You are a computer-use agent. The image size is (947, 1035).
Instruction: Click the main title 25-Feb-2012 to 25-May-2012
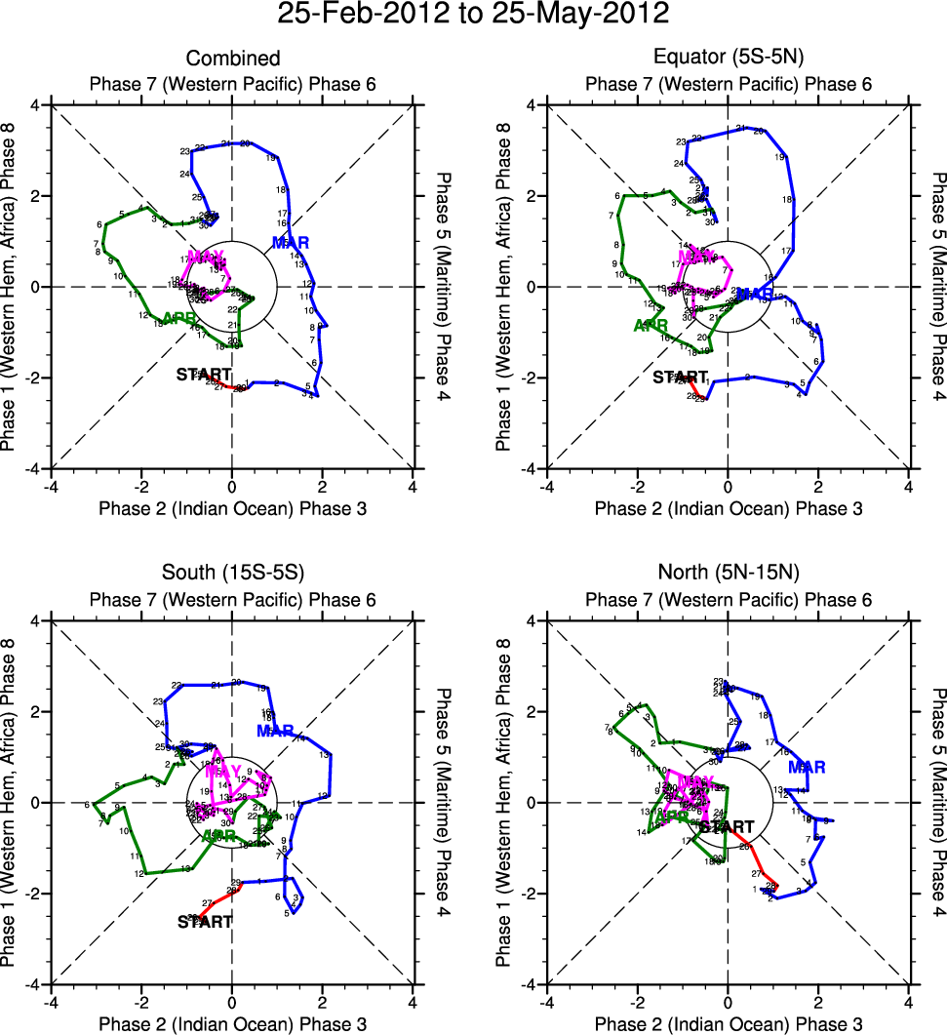(x=473, y=15)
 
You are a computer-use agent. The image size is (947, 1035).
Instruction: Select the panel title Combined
(x=231, y=60)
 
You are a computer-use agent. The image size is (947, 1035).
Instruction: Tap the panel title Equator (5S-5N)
(x=728, y=60)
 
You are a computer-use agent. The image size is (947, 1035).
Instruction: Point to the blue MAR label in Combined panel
(x=293, y=243)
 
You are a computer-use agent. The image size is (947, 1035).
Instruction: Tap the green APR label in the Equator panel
(x=652, y=325)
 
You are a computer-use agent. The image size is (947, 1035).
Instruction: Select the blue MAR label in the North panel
(x=807, y=768)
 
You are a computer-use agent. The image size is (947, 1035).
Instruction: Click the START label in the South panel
(x=205, y=922)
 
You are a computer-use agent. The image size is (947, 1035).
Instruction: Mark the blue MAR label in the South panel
(x=276, y=731)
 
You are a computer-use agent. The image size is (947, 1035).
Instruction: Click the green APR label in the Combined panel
(x=181, y=318)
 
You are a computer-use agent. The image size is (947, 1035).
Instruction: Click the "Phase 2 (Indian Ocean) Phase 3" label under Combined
(x=231, y=508)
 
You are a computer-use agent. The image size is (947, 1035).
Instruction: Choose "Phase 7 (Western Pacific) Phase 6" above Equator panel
(x=728, y=84)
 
